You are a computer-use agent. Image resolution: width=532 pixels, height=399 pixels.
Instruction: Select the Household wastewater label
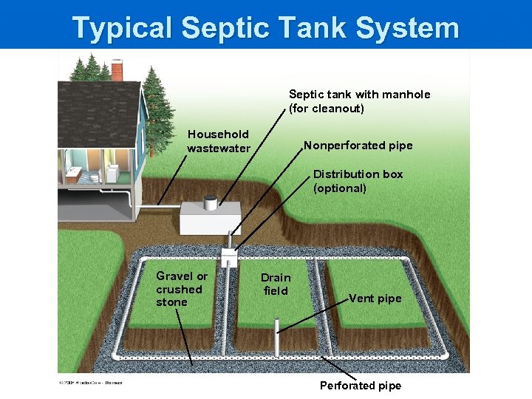click(x=219, y=141)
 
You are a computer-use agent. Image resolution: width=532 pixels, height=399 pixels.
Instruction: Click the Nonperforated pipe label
click(x=358, y=146)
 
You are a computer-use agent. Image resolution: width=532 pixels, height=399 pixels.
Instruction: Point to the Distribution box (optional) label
click(x=358, y=181)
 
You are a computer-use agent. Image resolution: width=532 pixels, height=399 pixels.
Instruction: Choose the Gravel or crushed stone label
click(x=181, y=288)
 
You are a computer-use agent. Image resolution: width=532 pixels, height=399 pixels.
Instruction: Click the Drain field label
click(x=276, y=284)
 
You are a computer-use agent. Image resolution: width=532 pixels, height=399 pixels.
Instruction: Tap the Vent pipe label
click(x=375, y=299)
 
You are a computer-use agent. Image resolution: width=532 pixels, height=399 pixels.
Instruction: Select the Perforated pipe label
click(x=361, y=386)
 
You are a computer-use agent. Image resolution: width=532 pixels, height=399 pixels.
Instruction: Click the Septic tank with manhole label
click(x=359, y=101)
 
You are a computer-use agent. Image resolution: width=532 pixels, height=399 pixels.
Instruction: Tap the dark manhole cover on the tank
click(x=211, y=199)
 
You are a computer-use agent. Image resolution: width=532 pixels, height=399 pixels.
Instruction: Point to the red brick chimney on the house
click(x=117, y=69)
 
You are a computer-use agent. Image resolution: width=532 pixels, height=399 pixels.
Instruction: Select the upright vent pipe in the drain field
click(x=277, y=335)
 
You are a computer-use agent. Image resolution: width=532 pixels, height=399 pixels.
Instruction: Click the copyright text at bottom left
click(x=89, y=382)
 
